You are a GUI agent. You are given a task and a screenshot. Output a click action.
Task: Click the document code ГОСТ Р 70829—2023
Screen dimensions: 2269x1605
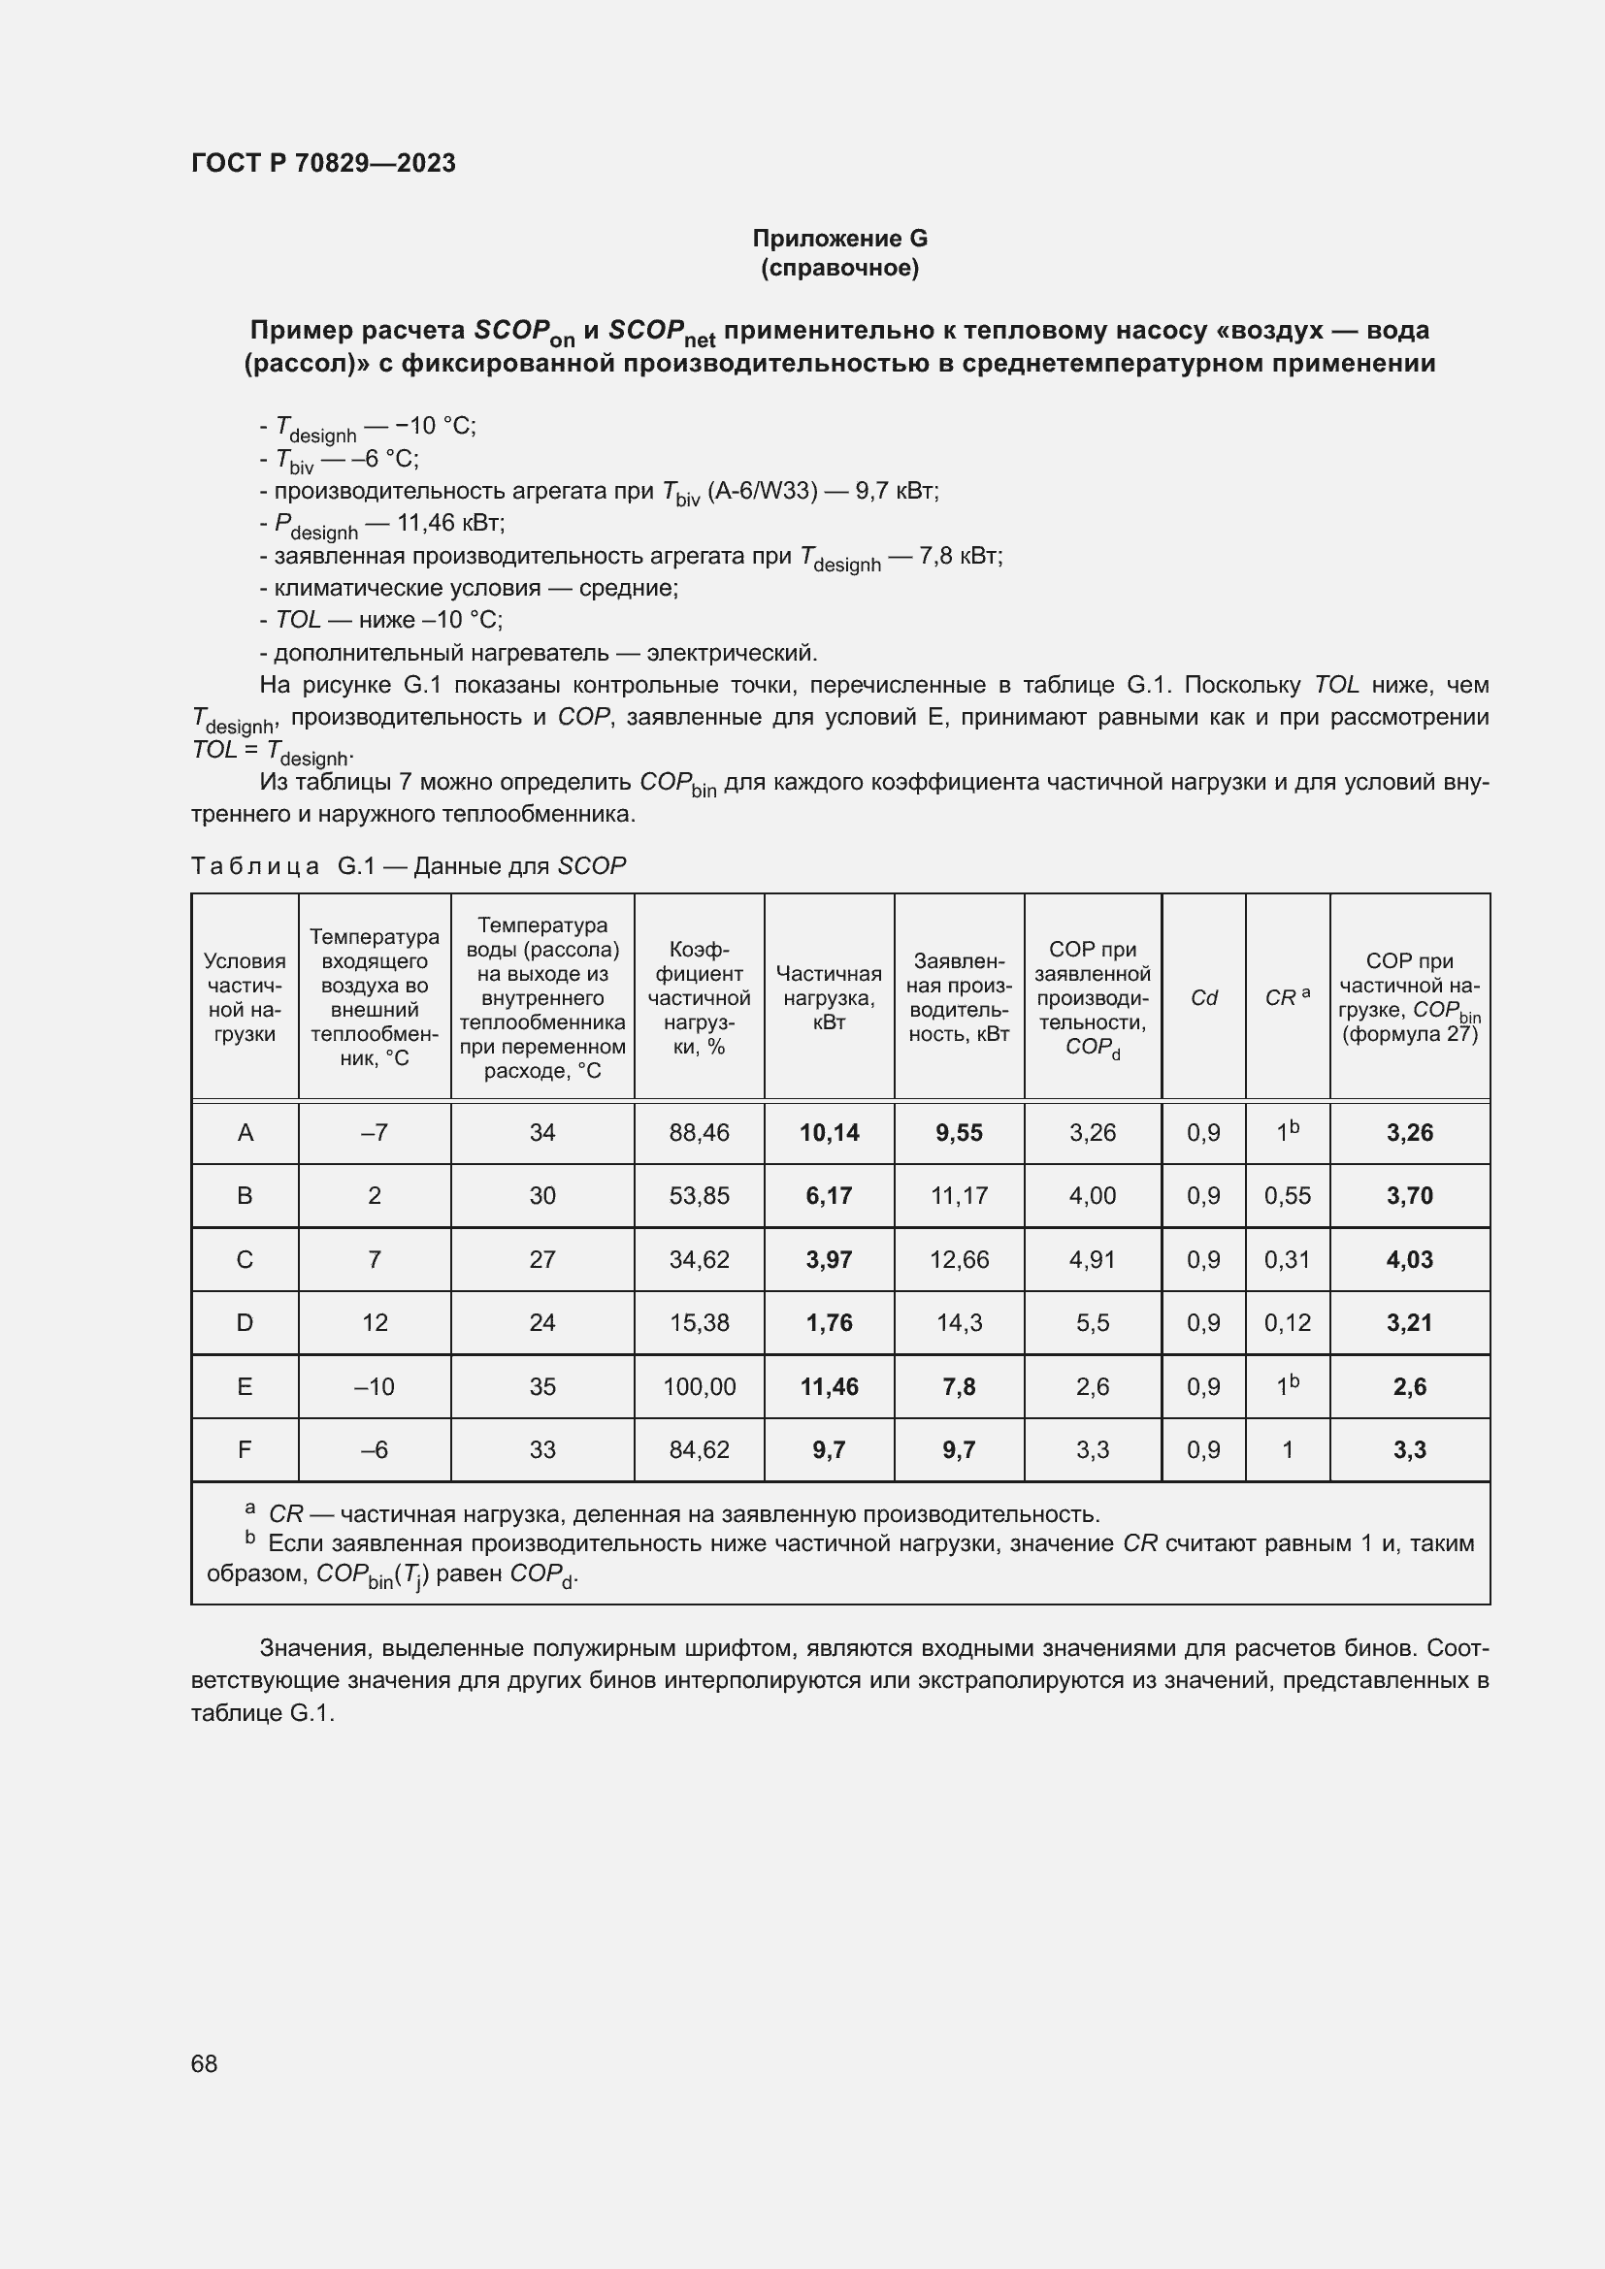click(323, 163)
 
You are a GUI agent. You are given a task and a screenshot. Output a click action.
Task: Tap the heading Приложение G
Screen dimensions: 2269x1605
click(839, 239)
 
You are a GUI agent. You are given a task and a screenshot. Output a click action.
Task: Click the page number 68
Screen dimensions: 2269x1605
click(204, 2063)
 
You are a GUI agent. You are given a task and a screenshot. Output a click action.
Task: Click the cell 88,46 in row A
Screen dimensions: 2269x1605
click(699, 1132)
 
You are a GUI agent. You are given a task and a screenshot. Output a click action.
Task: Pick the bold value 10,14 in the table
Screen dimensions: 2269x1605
click(828, 1132)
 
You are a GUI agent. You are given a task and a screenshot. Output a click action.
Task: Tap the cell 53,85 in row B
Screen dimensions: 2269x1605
click(699, 1196)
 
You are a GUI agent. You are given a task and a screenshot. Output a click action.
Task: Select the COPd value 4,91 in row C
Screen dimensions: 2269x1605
click(1092, 1260)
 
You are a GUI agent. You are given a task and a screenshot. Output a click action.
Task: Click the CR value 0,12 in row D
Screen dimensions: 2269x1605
click(1287, 1323)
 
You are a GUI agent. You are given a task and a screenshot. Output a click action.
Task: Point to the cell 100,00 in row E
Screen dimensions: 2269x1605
click(699, 1387)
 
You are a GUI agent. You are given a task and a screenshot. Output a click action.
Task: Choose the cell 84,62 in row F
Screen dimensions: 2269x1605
click(699, 1449)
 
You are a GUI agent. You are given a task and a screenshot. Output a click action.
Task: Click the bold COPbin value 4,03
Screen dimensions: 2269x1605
click(1409, 1260)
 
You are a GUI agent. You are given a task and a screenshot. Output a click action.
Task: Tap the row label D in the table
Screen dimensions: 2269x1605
click(246, 1323)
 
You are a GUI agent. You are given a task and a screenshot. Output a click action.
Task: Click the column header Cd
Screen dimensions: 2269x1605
click(1202, 998)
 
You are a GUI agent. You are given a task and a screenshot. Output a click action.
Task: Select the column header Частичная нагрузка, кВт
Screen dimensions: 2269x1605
click(828, 998)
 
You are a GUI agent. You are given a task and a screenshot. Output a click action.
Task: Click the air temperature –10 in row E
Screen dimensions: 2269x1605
click(375, 1387)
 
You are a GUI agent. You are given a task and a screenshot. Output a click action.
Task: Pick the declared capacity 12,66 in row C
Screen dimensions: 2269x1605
click(959, 1260)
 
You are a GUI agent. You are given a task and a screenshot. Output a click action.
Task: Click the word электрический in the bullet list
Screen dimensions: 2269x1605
click(731, 653)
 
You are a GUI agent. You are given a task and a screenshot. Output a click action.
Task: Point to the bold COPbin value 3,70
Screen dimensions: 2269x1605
click(1409, 1196)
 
